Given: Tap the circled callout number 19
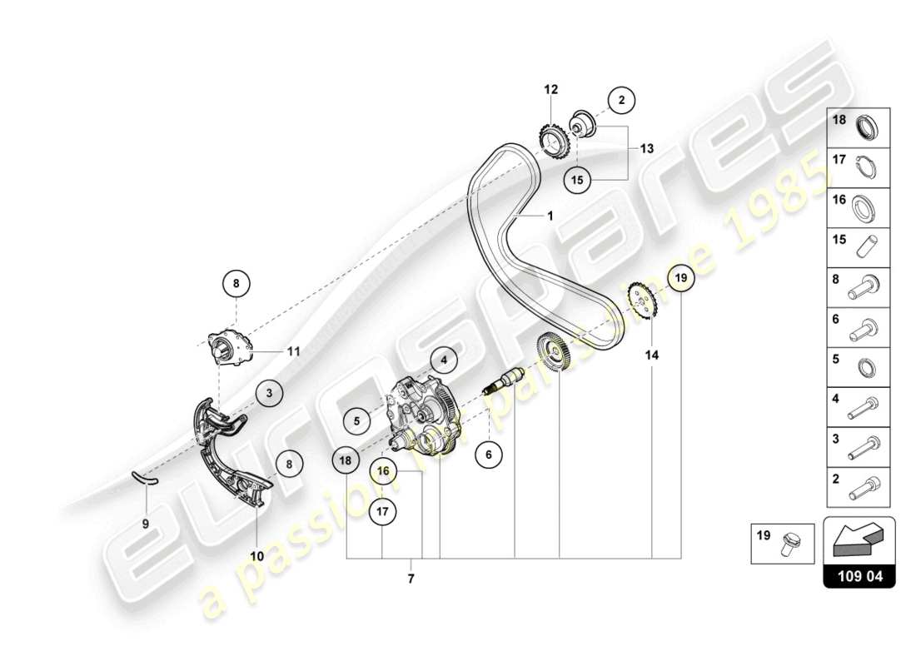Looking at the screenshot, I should click(x=681, y=278).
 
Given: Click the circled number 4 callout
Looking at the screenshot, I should click(x=444, y=360).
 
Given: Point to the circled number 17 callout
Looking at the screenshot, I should click(x=381, y=512).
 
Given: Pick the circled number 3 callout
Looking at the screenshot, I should click(x=269, y=391).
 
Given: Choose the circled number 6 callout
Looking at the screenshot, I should click(x=489, y=454).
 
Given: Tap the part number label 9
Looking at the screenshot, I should click(x=145, y=524).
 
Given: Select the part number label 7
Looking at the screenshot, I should click(x=411, y=577).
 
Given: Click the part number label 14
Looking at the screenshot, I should click(x=651, y=355).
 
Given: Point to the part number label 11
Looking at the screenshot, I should click(x=292, y=351).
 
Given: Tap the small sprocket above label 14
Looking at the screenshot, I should click(x=642, y=301).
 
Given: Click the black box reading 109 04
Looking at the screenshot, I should click(x=859, y=574).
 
